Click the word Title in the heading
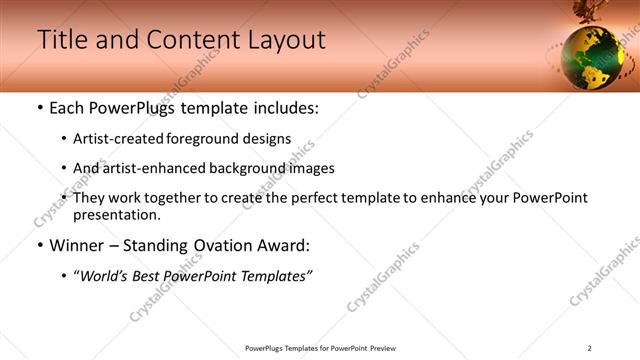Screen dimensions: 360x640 (60, 40)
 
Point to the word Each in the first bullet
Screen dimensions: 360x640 (69, 108)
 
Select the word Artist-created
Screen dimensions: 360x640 (116, 139)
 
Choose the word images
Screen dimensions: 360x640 (310, 168)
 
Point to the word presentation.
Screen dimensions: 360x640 (116, 214)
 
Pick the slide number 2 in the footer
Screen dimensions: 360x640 (590, 348)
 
